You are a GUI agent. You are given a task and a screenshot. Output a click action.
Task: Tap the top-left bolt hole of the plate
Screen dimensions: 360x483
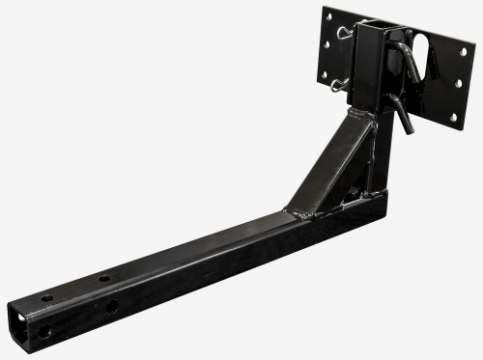coord(328,15)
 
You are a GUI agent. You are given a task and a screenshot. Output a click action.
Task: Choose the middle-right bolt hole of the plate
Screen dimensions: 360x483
coord(457,83)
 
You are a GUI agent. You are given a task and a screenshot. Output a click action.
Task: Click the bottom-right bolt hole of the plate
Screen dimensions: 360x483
coord(452,118)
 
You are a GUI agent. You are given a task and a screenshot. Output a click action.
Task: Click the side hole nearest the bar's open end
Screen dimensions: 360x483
coord(44,331)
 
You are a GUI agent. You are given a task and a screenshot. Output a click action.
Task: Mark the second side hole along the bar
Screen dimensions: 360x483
coord(112,307)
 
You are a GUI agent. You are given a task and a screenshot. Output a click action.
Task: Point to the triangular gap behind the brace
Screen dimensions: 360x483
coord(357,183)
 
